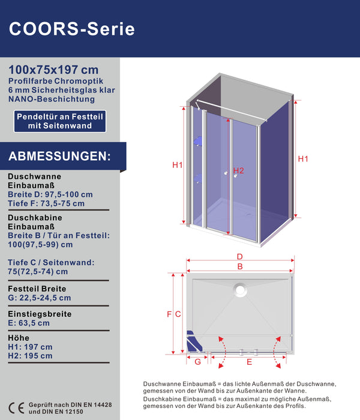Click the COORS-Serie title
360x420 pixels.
72,28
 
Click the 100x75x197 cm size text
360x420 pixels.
54,70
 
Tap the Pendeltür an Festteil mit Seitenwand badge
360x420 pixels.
60,121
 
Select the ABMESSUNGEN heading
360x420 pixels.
59,157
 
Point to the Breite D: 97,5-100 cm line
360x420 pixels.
50,194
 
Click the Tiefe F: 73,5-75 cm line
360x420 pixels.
46,203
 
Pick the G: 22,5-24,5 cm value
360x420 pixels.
40,298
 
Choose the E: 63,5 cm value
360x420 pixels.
29,323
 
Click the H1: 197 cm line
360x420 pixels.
30,347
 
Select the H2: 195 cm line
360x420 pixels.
30,356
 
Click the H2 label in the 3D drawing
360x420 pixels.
239,171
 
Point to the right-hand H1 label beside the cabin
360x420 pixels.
302,159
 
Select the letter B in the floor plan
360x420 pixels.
239,266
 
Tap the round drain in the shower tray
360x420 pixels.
241,289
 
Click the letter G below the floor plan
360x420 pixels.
197,361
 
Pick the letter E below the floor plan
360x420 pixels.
249,362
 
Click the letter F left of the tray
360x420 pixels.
169,314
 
